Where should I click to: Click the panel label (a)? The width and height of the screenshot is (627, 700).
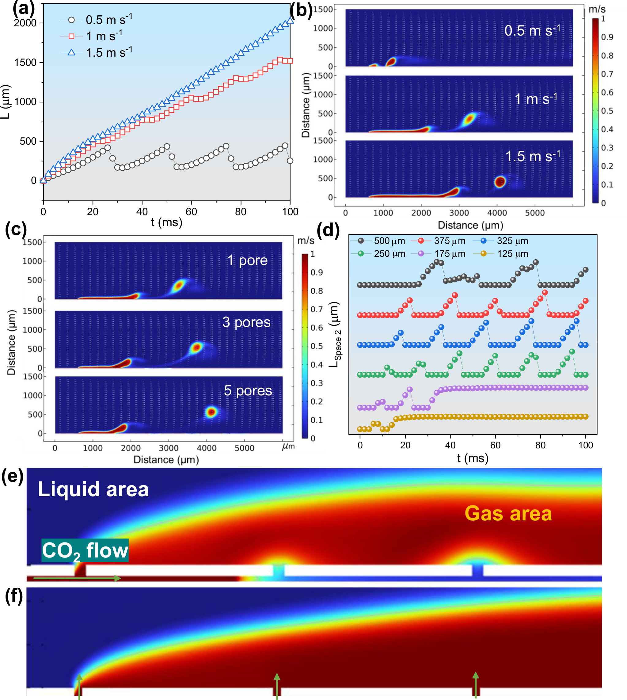(23, 8)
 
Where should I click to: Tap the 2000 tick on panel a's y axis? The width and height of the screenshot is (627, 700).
(25, 23)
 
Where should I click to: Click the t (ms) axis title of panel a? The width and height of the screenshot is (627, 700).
(167, 222)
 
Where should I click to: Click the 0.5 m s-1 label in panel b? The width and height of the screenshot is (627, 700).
(532, 31)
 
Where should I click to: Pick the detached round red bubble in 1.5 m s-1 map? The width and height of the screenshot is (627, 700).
(500, 181)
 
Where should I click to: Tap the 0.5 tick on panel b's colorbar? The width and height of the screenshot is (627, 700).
(607, 111)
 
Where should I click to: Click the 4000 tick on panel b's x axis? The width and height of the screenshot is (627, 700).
(497, 213)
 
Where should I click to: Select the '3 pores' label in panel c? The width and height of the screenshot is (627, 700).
(246, 322)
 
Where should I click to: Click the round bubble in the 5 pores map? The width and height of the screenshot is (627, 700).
(211, 412)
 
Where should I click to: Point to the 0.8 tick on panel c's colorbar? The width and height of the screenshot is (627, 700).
(316, 291)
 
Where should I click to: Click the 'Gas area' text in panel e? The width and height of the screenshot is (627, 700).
(508, 513)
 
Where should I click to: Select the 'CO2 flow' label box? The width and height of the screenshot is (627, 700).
(85, 550)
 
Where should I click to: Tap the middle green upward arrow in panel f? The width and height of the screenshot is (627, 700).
(277, 686)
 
